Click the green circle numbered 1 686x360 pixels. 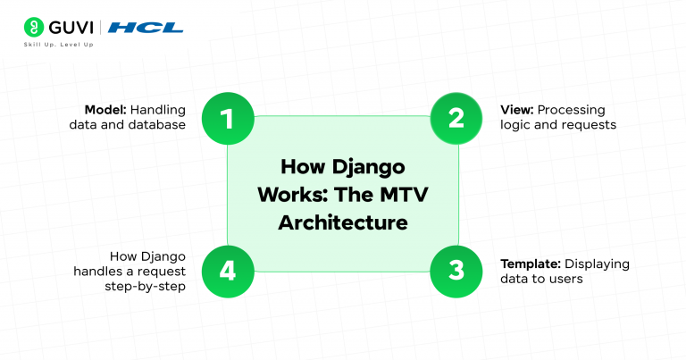[227, 118]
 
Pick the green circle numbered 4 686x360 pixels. [227, 271]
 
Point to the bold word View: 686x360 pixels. [516, 110]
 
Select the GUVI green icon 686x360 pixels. [34, 27]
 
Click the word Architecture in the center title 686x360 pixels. [343, 222]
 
